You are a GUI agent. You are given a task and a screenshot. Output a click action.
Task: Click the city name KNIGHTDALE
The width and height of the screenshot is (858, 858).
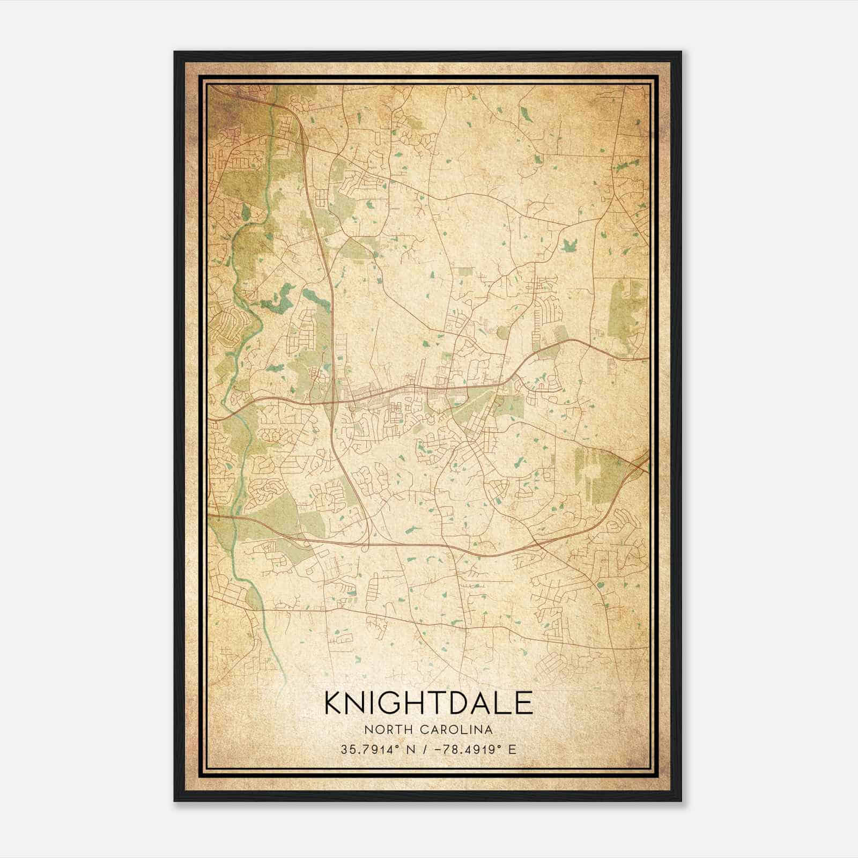[428, 702]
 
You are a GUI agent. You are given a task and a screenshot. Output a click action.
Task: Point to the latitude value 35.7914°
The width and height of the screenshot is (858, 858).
[368, 749]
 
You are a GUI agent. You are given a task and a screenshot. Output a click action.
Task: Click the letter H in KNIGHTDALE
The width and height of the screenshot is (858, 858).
[414, 702]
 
